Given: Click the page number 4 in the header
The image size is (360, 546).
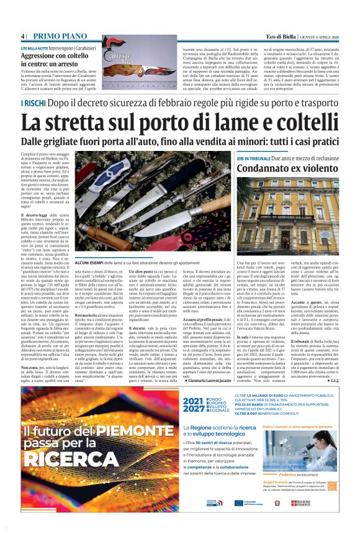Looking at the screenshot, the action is pyautogui.click(x=23, y=36).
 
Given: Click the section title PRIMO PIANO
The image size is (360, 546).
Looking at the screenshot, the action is pyautogui.click(x=60, y=36).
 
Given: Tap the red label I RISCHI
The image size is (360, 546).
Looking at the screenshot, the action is pyautogui.click(x=32, y=102).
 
